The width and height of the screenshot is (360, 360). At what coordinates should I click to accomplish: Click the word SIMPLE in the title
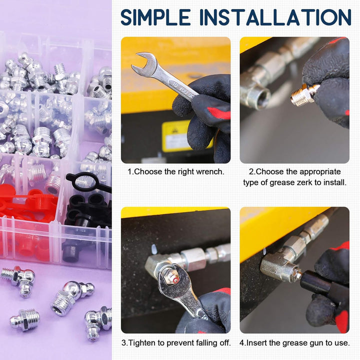[155, 17]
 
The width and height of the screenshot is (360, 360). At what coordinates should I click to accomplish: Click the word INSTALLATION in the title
[275, 17]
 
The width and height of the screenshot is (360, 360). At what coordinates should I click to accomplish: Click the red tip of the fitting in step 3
[175, 280]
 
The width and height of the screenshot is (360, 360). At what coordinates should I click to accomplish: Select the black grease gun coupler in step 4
[315, 283]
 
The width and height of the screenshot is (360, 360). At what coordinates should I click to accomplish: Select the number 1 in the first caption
[129, 171]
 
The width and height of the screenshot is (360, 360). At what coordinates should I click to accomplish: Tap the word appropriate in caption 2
[320, 172]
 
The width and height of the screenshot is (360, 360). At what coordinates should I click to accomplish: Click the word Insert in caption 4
[256, 343]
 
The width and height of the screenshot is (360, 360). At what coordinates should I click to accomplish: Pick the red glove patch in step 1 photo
[219, 113]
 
